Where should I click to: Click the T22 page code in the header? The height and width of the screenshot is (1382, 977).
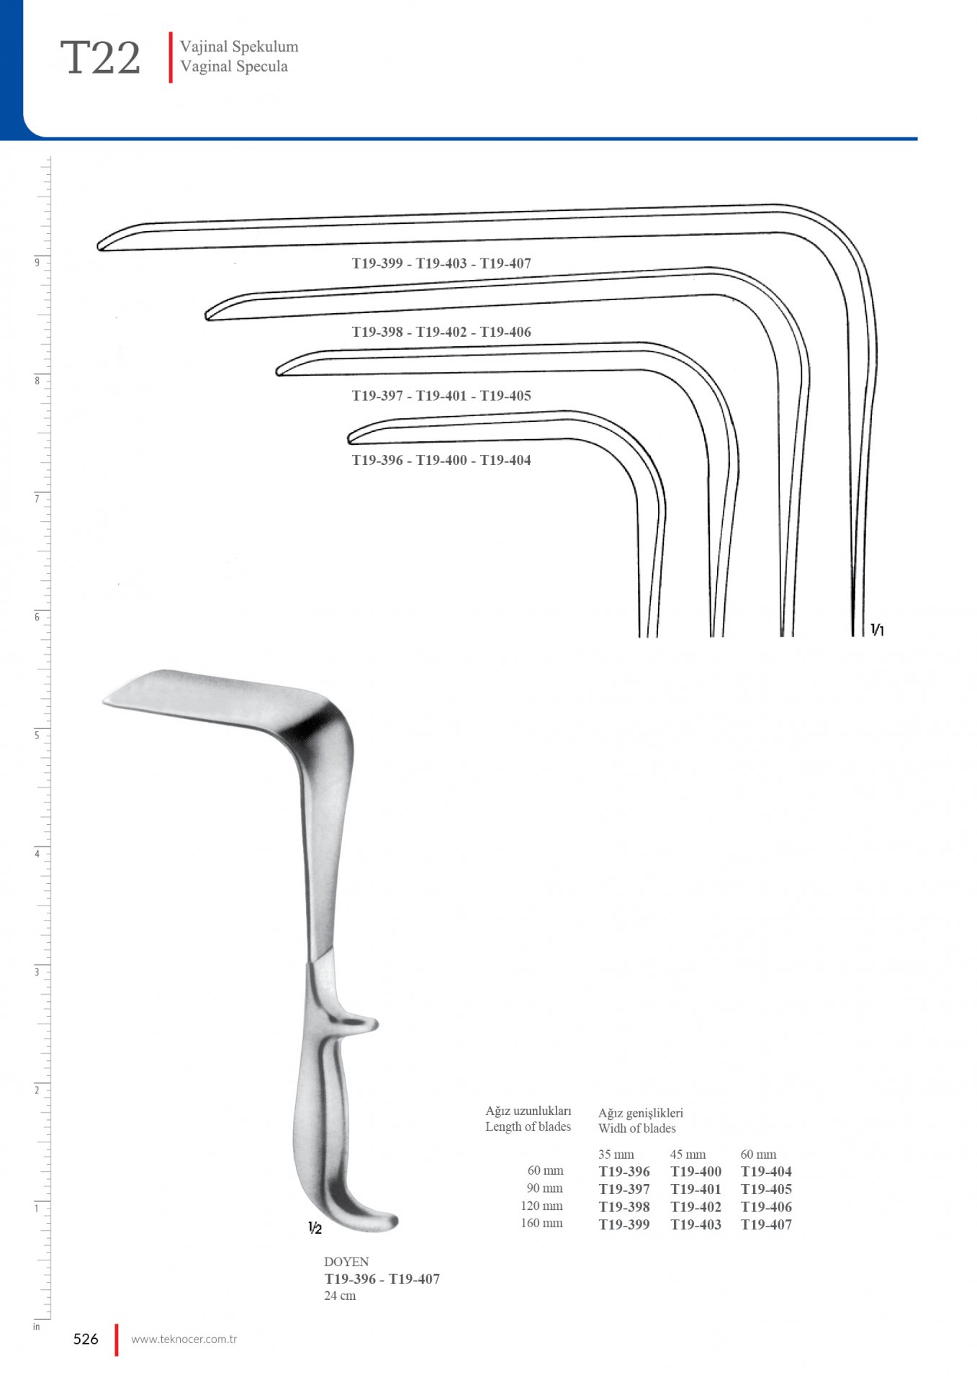point(100,58)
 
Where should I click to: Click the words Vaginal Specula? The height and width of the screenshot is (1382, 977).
point(234,66)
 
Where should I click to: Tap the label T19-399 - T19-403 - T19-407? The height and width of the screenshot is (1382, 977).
point(441,263)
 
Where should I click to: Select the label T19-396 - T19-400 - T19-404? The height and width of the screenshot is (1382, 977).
point(441,460)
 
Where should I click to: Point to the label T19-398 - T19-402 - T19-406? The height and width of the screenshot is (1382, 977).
point(441,332)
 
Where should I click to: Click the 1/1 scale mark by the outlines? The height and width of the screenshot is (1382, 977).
point(877,630)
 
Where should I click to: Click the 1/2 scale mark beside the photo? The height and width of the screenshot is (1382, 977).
point(315,1228)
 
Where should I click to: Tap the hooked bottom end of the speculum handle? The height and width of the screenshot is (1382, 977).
point(382,1220)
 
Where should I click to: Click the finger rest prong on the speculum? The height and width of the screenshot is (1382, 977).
point(360,1024)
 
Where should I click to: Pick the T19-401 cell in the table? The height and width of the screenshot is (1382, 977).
point(695,1189)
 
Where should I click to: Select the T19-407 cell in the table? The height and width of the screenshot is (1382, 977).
point(766,1224)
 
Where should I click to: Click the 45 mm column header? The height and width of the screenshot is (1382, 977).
point(688,1155)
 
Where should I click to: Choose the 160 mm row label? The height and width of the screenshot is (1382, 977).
point(541,1223)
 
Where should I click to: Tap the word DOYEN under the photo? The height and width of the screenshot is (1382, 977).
point(346,1262)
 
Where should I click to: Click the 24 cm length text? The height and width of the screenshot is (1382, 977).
point(340,1296)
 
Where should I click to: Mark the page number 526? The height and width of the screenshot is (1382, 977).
point(86,1339)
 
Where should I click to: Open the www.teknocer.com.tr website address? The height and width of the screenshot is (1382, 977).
point(184,1340)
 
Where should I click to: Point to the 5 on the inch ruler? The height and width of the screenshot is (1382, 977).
point(37,735)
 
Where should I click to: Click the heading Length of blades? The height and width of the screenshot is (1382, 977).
point(528,1126)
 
